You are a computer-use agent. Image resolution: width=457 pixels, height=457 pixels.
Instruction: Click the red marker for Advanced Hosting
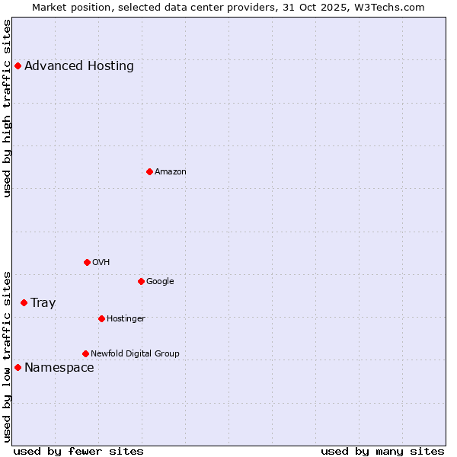(x=18, y=66)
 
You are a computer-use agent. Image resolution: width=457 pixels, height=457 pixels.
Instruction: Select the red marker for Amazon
(x=149, y=171)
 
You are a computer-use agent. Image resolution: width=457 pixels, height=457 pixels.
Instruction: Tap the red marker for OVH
(x=87, y=262)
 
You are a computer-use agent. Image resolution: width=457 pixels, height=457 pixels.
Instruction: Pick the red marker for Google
(x=141, y=281)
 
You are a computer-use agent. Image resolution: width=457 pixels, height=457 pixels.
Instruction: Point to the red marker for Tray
(x=24, y=302)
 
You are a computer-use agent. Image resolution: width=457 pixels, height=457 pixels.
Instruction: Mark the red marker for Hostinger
(x=101, y=318)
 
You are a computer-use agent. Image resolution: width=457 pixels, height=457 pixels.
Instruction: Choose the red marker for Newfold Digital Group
(x=85, y=353)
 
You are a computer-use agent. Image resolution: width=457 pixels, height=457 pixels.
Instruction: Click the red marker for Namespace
(x=18, y=367)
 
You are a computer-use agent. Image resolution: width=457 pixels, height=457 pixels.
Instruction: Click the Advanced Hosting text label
(x=79, y=66)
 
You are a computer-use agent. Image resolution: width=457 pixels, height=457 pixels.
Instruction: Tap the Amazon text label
(x=171, y=171)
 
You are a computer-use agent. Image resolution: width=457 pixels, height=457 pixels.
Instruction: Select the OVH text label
(x=101, y=262)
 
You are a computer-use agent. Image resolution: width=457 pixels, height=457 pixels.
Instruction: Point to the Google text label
(x=160, y=281)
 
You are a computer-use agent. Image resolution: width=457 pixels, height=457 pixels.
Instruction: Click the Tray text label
(x=43, y=302)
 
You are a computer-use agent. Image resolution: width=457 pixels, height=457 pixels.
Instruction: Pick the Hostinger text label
(x=126, y=318)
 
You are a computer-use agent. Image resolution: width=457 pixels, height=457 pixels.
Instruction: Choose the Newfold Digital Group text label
(x=135, y=353)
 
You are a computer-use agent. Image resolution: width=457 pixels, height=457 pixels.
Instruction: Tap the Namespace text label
(x=59, y=367)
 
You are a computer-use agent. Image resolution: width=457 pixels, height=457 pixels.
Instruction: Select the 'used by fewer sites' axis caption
(x=78, y=451)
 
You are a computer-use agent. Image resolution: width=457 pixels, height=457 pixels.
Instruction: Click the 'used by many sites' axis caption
(x=382, y=451)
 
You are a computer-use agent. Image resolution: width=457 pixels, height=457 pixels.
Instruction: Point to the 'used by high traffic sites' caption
(x=7, y=108)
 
